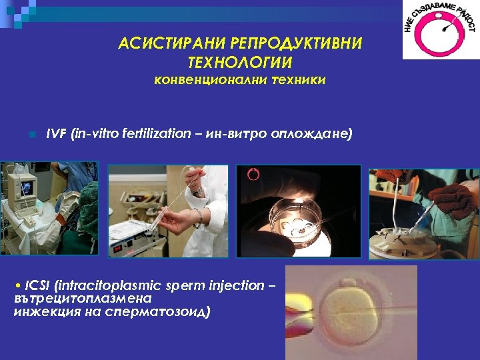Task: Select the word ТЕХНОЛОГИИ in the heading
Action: pyautogui.click(x=240, y=62)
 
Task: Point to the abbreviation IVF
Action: pyautogui.click(x=56, y=133)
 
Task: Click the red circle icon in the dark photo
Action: pyautogui.click(x=253, y=175)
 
